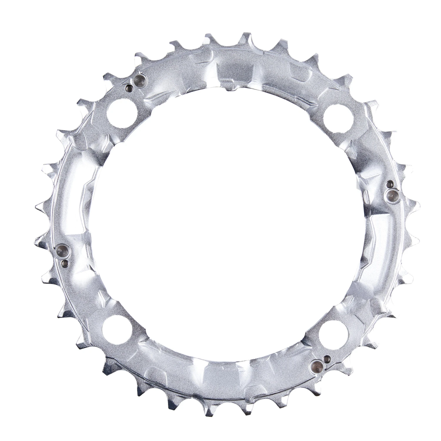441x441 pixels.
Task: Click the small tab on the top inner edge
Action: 227,89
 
